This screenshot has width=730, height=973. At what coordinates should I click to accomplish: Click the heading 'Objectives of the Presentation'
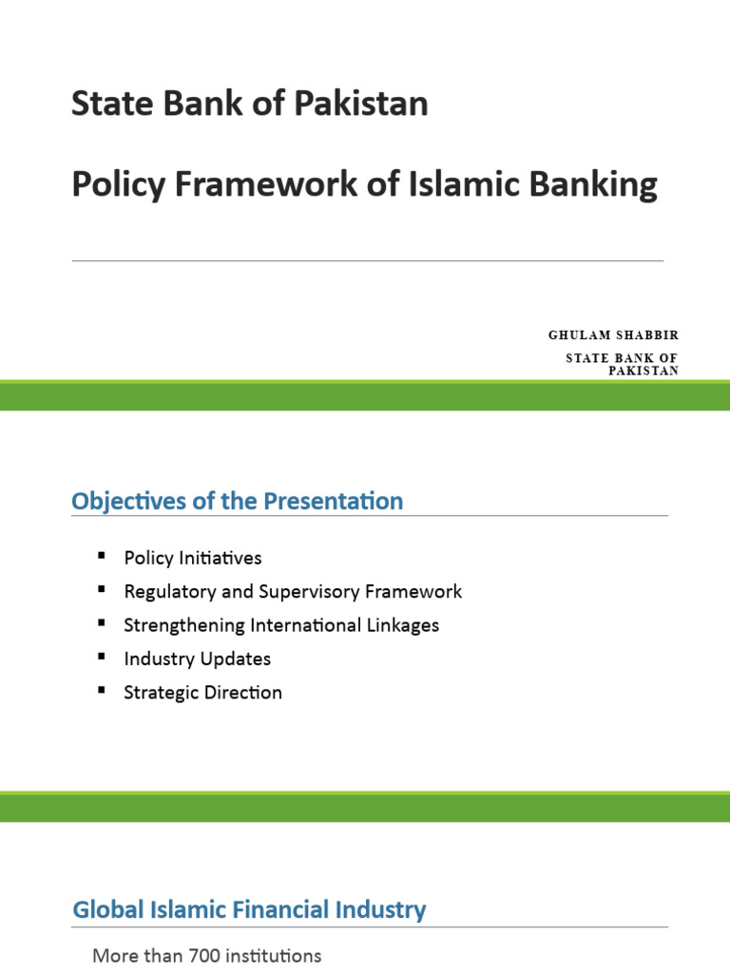(x=238, y=501)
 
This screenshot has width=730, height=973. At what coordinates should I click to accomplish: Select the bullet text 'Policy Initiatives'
(x=193, y=558)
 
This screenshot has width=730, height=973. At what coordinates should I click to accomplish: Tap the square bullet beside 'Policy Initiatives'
(x=102, y=556)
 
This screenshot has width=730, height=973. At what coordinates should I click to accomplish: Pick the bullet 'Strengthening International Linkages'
(x=281, y=625)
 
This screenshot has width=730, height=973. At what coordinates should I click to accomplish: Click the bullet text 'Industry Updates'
(x=198, y=658)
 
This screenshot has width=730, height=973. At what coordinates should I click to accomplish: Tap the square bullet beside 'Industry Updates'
(x=102, y=657)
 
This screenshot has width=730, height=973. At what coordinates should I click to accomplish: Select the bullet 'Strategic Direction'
(x=203, y=693)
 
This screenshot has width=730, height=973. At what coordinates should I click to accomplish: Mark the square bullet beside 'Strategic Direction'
(x=102, y=691)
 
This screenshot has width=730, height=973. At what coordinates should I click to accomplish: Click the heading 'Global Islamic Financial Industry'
(x=249, y=909)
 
